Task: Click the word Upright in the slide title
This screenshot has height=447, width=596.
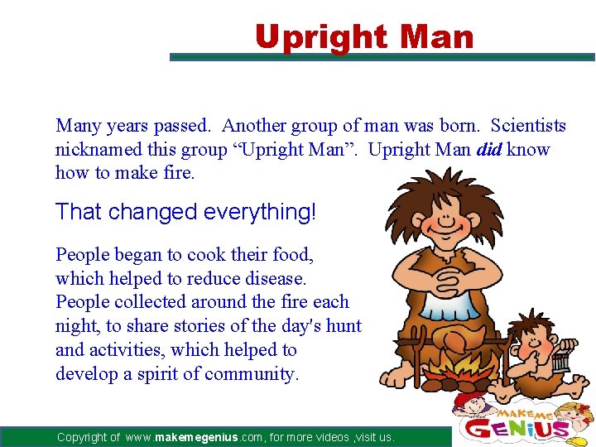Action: coord(320,38)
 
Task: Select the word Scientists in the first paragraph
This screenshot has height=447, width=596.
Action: coord(528,126)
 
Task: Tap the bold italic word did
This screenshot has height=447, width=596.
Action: coord(488,150)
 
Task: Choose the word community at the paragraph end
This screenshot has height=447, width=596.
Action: coord(254,374)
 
